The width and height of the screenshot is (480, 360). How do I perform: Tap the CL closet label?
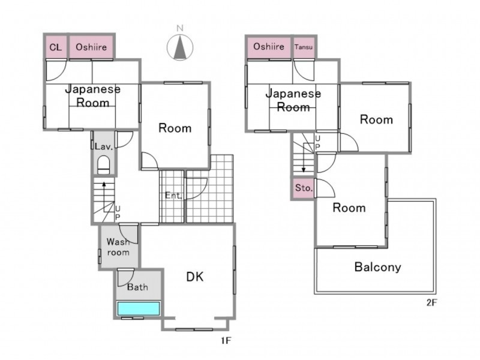click(56, 47)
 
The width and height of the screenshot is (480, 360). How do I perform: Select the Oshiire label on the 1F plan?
click(91, 47)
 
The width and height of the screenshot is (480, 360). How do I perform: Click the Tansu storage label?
click(304, 47)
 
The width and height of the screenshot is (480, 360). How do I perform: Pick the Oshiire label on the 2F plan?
click(269, 47)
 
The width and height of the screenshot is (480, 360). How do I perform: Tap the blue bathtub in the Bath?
click(139, 308)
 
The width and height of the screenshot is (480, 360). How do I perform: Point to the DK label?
click(195, 277)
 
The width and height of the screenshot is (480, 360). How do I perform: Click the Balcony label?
click(378, 267)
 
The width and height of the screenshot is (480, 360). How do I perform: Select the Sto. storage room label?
click(304, 188)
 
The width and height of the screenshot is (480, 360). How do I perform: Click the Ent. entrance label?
click(173, 196)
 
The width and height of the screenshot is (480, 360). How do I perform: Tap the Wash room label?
click(118, 247)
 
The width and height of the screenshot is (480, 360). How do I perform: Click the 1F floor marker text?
click(226, 340)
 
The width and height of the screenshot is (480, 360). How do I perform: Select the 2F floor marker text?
click(431, 303)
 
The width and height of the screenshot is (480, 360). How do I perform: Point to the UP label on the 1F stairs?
click(118, 213)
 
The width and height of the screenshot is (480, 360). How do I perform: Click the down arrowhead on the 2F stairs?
click(304, 170)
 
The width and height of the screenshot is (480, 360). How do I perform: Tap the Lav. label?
click(104, 146)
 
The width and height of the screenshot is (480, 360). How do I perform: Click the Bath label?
click(137, 287)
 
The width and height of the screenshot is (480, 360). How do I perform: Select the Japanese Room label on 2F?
click(293, 100)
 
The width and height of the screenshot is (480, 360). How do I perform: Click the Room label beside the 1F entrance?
click(175, 128)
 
